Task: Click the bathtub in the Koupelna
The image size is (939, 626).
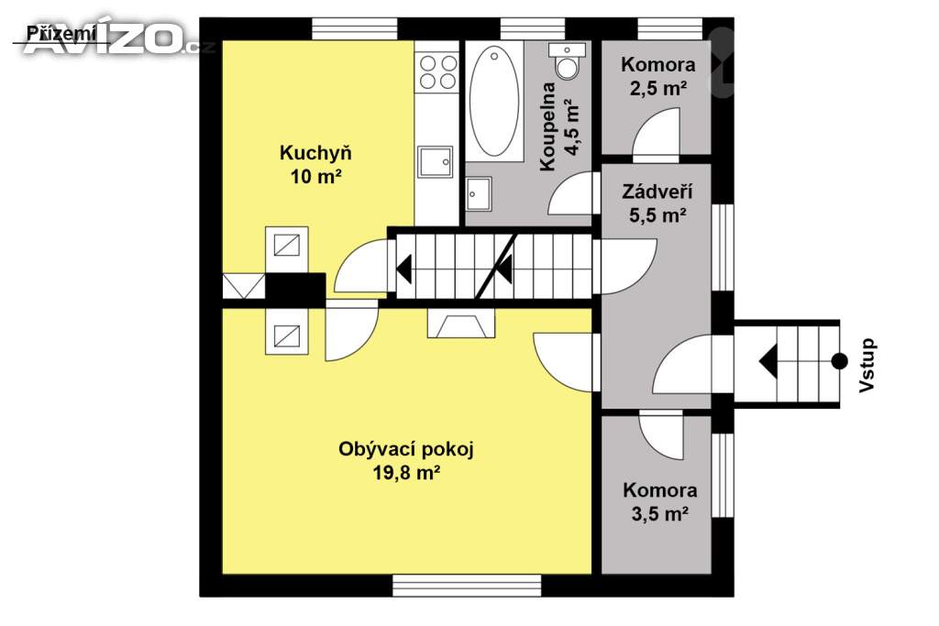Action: tap(494, 102)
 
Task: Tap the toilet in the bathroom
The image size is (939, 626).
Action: tap(567, 60)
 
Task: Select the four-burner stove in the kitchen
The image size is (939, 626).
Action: tap(437, 71)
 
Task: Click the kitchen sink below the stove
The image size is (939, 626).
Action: tap(436, 161)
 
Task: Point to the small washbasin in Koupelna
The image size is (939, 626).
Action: tap(479, 194)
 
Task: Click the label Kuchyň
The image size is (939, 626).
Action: tap(315, 153)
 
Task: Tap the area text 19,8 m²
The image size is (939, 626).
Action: tap(406, 473)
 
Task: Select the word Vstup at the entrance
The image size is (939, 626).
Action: tap(867, 366)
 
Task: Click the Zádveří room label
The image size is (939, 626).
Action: tap(657, 192)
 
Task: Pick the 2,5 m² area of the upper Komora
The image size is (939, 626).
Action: tap(657, 89)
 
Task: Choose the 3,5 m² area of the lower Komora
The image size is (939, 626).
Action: tap(659, 514)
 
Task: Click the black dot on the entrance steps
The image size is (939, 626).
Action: tap(840, 361)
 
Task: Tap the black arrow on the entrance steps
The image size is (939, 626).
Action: tap(768, 361)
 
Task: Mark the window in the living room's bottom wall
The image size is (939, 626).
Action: tap(467, 586)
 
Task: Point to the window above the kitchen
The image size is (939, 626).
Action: tap(355, 28)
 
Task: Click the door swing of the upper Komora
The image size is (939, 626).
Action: tap(657, 135)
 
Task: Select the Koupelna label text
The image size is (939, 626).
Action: tap(547, 126)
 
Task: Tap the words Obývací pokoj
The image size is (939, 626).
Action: tap(406, 449)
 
